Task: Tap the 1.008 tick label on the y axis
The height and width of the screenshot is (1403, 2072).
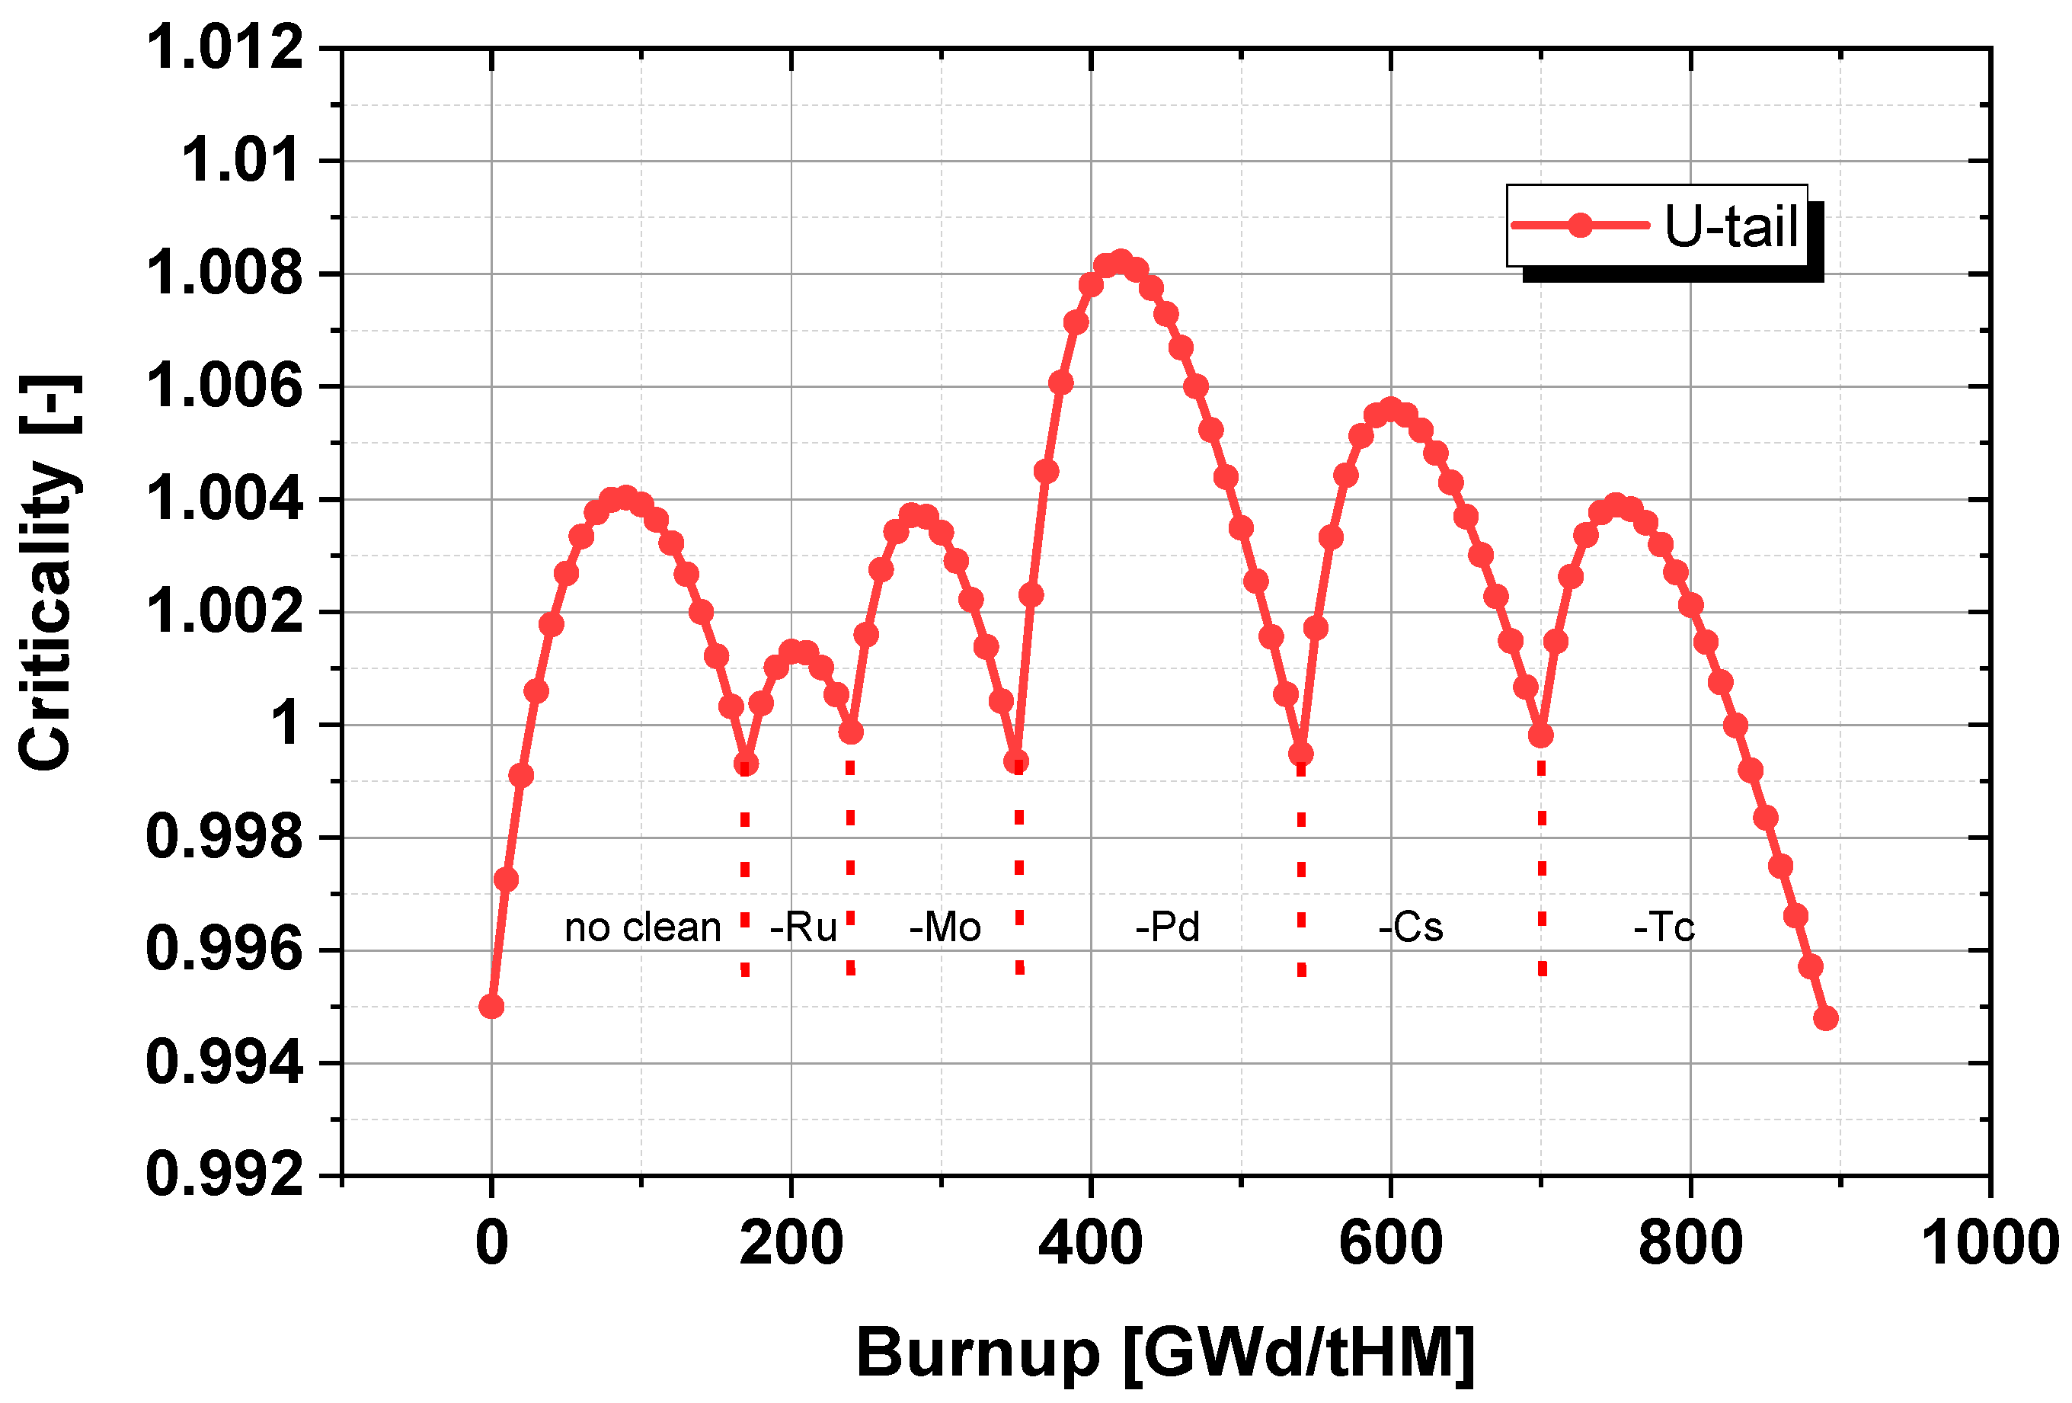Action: pos(225,274)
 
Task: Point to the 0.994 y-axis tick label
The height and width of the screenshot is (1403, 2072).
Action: pos(225,1063)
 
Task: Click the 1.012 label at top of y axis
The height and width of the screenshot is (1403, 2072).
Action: pos(225,48)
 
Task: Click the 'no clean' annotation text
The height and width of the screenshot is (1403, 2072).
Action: pos(642,927)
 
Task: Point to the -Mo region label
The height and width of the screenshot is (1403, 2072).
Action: pos(945,927)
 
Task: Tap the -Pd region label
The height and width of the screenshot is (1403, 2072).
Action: pos(1167,927)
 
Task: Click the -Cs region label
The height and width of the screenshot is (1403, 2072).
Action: pos(1411,927)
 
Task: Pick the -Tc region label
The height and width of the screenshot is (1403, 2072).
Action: pos(1664,927)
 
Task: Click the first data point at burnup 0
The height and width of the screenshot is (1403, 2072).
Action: pos(491,1007)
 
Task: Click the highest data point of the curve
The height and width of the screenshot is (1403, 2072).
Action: pos(1121,262)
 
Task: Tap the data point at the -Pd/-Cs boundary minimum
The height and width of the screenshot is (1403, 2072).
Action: pos(1301,754)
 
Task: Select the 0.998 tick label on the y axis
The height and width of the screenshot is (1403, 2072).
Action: pos(225,838)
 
